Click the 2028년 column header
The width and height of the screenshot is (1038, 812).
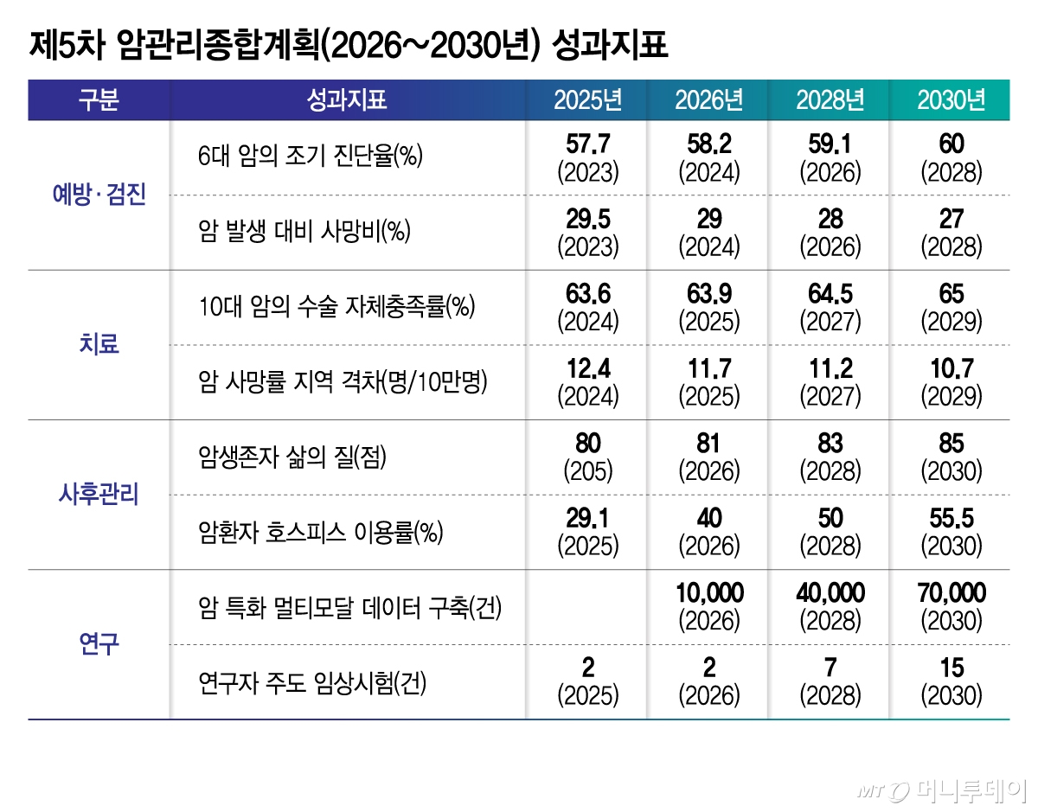[x=830, y=100]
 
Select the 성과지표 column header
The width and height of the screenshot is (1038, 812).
[x=346, y=100]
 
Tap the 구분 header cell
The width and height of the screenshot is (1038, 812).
[x=99, y=100]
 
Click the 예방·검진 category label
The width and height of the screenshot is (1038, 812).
[x=99, y=195]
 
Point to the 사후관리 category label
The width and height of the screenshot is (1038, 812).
[x=99, y=496]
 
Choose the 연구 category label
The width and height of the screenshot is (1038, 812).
[x=99, y=644]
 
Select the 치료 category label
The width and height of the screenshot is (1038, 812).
[x=99, y=345]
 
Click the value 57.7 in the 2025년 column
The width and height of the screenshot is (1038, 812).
[x=588, y=144]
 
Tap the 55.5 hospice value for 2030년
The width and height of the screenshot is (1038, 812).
[x=951, y=519]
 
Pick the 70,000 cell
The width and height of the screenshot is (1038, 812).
[x=951, y=593]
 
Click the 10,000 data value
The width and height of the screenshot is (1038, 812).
[x=709, y=593]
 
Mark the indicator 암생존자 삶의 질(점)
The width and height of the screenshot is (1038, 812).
[x=292, y=457]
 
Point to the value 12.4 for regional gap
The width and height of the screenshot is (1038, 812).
[x=588, y=369]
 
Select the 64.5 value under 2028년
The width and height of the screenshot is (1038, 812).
[x=830, y=294]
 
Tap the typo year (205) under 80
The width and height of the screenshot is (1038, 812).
[x=588, y=472]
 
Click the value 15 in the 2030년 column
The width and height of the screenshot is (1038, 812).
[x=951, y=668]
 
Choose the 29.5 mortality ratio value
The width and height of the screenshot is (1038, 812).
[x=588, y=219]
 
